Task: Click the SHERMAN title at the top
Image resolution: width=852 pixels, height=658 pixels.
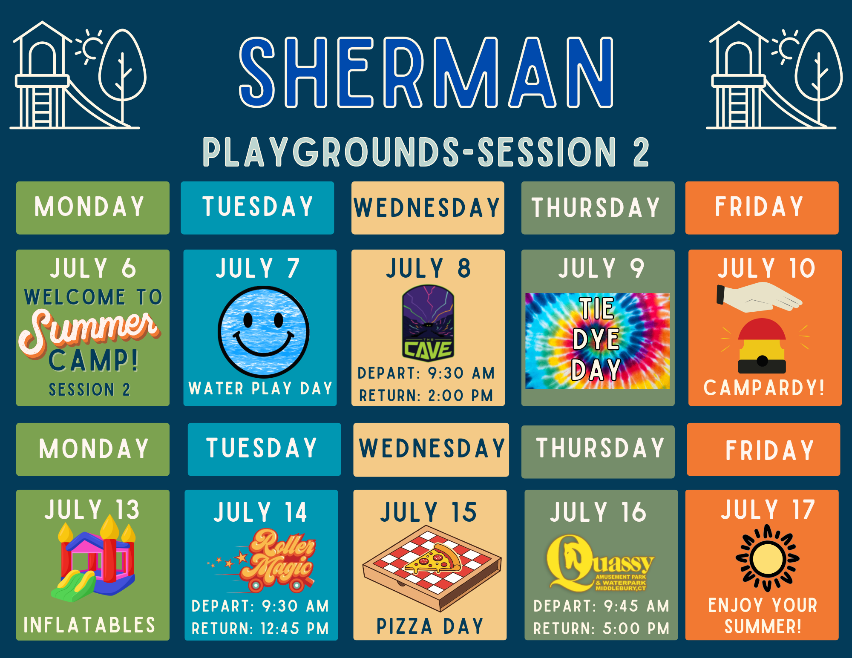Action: (x=426, y=72)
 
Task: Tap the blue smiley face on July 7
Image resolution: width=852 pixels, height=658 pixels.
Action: (x=264, y=332)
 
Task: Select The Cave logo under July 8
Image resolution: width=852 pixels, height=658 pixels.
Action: (x=428, y=323)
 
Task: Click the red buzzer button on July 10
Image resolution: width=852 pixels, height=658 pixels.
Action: (x=762, y=346)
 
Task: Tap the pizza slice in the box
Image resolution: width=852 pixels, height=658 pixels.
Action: (x=434, y=559)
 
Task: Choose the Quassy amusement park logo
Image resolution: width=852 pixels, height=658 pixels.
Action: (x=600, y=563)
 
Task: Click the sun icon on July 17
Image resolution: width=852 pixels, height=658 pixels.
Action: (x=768, y=558)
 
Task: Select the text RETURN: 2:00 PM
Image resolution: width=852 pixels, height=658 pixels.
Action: (x=426, y=396)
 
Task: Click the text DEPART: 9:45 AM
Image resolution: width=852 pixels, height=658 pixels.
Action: (x=601, y=606)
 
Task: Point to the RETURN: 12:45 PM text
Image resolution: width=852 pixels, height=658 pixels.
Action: (x=260, y=628)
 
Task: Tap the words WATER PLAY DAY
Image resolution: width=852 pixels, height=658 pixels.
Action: (x=260, y=388)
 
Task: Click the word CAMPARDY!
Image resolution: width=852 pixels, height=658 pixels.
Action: (x=764, y=388)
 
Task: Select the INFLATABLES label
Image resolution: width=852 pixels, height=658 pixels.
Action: (x=89, y=625)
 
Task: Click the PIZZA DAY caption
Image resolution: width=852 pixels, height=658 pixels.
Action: (x=430, y=626)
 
